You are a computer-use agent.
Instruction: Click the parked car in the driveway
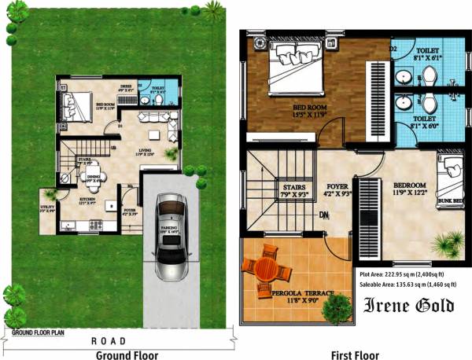170,235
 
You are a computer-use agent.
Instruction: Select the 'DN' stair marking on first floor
323,214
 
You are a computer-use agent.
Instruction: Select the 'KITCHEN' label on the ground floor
87,200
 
